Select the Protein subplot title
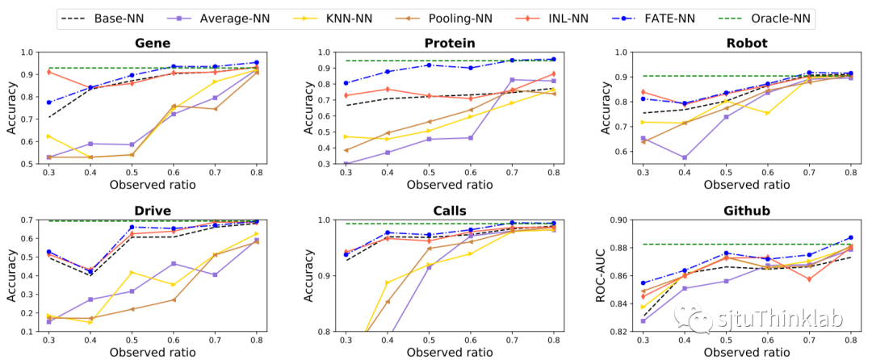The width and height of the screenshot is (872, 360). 449,42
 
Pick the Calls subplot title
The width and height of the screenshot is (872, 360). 449,211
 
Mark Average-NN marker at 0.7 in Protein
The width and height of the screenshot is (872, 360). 512,80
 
